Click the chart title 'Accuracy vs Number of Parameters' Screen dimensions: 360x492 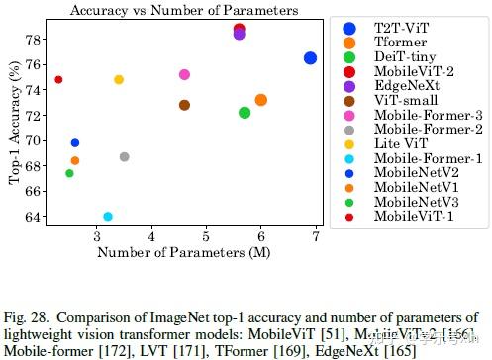(x=185, y=10)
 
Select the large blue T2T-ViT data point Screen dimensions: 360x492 (x=310, y=58)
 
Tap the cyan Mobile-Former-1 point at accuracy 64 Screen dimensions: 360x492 (x=108, y=216)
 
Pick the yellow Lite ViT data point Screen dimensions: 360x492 (x=119, y=79)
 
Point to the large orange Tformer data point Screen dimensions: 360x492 (x=260, y=100)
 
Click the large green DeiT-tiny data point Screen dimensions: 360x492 (x=245, y=113)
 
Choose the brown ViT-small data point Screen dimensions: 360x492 (x=184, y=105)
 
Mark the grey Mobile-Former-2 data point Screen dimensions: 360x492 (x=124, y=156)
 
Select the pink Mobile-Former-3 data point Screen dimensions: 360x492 (x=184, y=74)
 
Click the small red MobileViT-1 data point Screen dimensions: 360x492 (x=58, y=79)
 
